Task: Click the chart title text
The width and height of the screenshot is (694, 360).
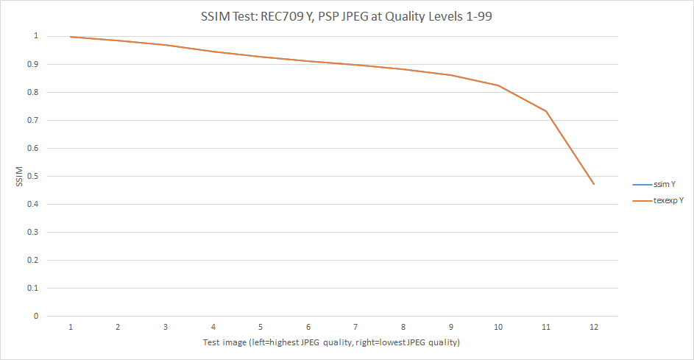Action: tap(347, 17)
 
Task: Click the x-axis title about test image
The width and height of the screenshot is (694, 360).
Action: tap(331, 343)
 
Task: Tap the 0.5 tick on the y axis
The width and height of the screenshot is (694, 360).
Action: tap(30, 176)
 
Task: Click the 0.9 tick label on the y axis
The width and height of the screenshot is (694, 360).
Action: tap(30, 64)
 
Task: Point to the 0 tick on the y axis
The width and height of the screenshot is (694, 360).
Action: tap(34, 317)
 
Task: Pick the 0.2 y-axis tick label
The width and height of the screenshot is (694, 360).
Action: tap(30, 261)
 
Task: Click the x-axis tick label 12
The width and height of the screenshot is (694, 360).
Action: tap(593, 327)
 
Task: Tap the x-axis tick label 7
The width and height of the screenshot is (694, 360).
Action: tap(355, 327)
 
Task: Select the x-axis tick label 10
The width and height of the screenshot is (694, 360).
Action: tap(498, 327)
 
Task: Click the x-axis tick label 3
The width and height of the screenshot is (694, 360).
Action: tap(166, 327)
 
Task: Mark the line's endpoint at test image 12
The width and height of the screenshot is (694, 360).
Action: tap(593, 184)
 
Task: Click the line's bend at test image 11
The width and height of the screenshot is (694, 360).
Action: tap(546, 111)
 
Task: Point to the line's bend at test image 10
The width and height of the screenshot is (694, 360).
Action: tap(498, 85)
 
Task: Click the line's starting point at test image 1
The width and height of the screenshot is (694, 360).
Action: tap(71, 37)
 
